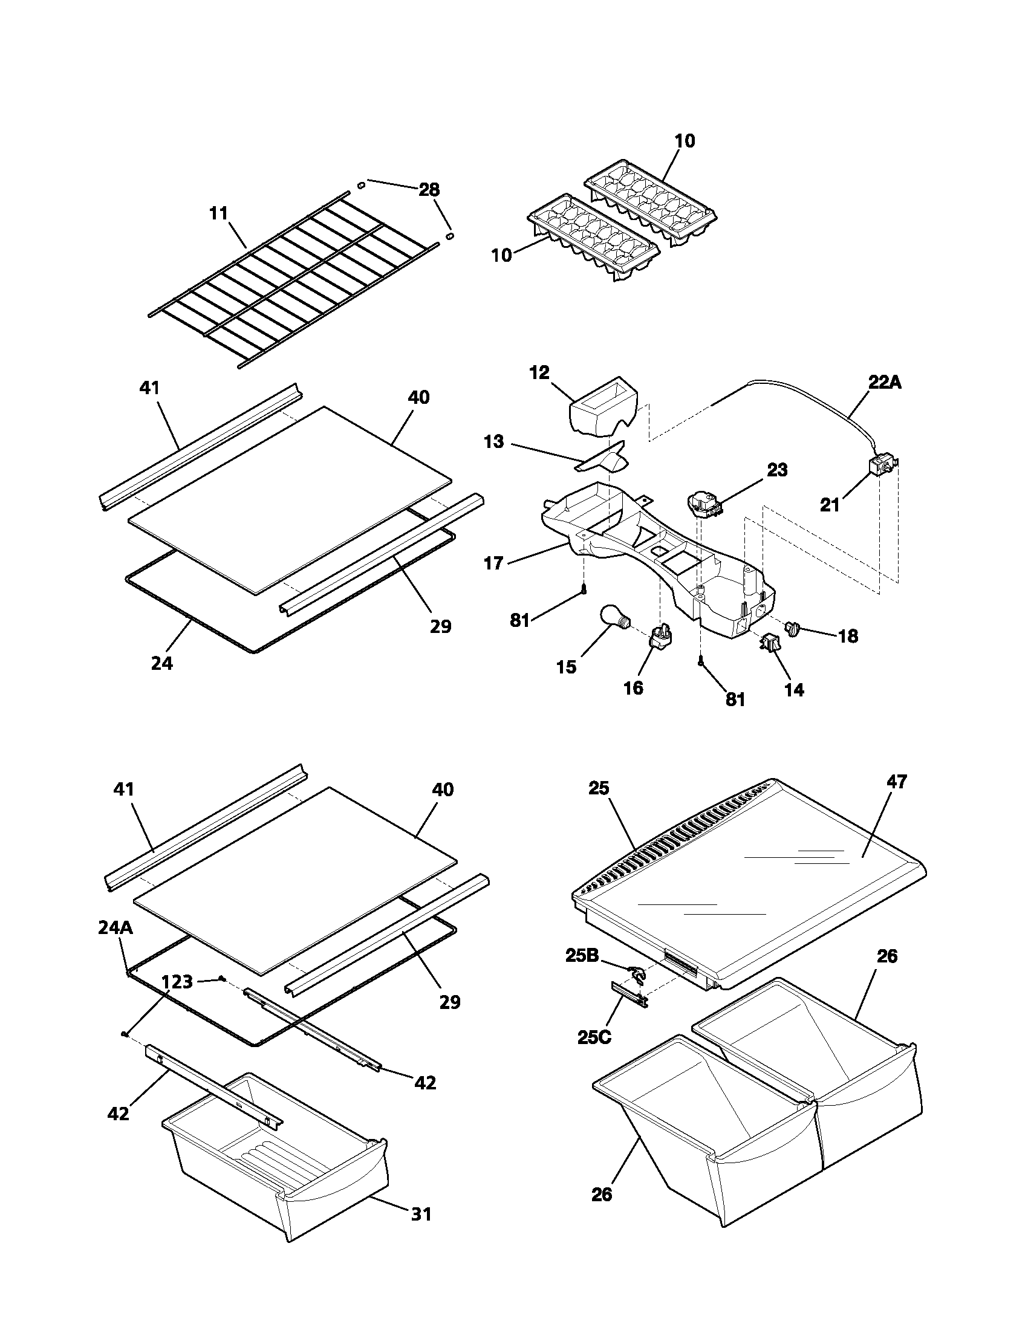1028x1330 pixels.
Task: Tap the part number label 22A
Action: tap(884, 383)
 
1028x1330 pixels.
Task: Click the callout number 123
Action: tap(177, 982)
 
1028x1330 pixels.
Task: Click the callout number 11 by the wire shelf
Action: tap(219, 213)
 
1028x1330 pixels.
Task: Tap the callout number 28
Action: tap(429, 189)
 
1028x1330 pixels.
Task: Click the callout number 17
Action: tap(493, 563)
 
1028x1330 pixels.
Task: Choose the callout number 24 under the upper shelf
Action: tap(162, 663)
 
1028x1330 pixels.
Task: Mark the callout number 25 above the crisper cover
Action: tap(599, 788)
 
